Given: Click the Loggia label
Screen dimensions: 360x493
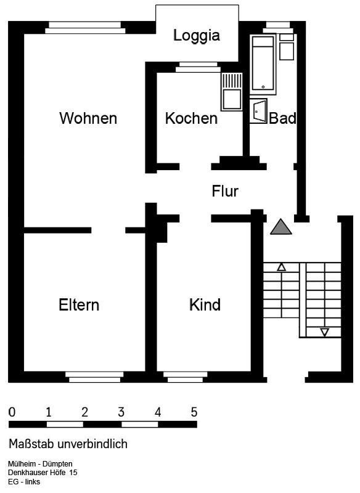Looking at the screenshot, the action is coord(197,36).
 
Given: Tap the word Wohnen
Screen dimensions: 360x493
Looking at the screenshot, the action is coord(88,118).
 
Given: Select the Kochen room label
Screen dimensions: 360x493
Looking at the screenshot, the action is coord(192,118).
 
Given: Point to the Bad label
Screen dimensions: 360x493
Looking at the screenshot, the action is coord(283,118).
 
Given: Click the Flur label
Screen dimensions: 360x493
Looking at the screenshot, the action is coord(225,191).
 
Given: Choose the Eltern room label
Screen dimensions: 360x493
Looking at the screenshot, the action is coord(79,304).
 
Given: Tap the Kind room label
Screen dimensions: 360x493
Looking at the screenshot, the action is coord(205,304).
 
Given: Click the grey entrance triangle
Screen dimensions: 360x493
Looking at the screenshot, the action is coord(281,227).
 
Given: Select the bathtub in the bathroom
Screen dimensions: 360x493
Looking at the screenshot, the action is coord(263,65).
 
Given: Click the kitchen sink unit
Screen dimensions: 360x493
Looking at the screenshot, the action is coord(232,91).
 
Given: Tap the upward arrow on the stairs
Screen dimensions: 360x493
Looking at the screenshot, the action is coord(281,267).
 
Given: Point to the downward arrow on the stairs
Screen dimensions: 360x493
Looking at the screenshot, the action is coord(324,332).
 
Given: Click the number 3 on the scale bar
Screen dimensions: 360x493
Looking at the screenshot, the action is coord(121,412).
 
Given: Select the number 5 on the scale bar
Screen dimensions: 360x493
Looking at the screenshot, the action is coord(194,412).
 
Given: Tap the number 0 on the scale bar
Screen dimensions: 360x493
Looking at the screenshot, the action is coord(12,412).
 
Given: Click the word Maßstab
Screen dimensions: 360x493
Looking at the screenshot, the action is coord(31,444).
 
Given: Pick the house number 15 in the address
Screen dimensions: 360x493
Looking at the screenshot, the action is coord(73,472).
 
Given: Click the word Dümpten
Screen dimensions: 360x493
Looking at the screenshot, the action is coord(57,464).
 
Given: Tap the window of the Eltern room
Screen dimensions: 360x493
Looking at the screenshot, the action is coord(95,377).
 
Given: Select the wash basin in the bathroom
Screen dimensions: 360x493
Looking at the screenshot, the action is coord(258,111).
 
